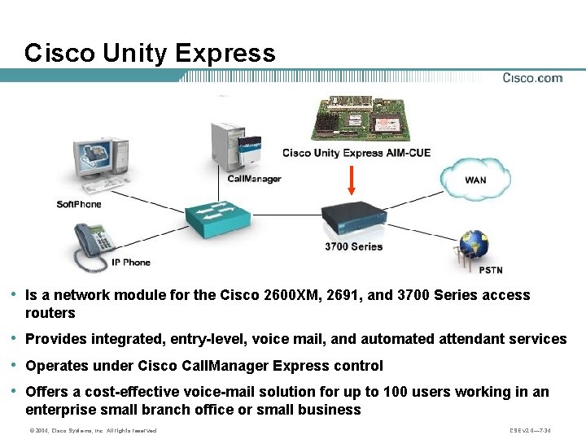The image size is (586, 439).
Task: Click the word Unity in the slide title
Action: (135, 54)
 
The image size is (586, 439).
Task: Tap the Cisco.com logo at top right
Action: (532, 78)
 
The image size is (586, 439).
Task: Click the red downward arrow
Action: (352, 180)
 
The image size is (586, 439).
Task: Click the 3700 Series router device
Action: (353, 219)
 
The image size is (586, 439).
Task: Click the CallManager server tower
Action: (237, 146)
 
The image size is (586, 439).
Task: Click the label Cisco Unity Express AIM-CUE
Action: (345, 153)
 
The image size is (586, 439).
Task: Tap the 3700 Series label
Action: (353, 246)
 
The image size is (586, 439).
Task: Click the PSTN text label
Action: (491, 270)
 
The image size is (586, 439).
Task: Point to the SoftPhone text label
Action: (78, 204)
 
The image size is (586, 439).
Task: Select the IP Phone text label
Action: (131, 263)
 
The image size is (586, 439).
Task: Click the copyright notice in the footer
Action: (92, 430)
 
